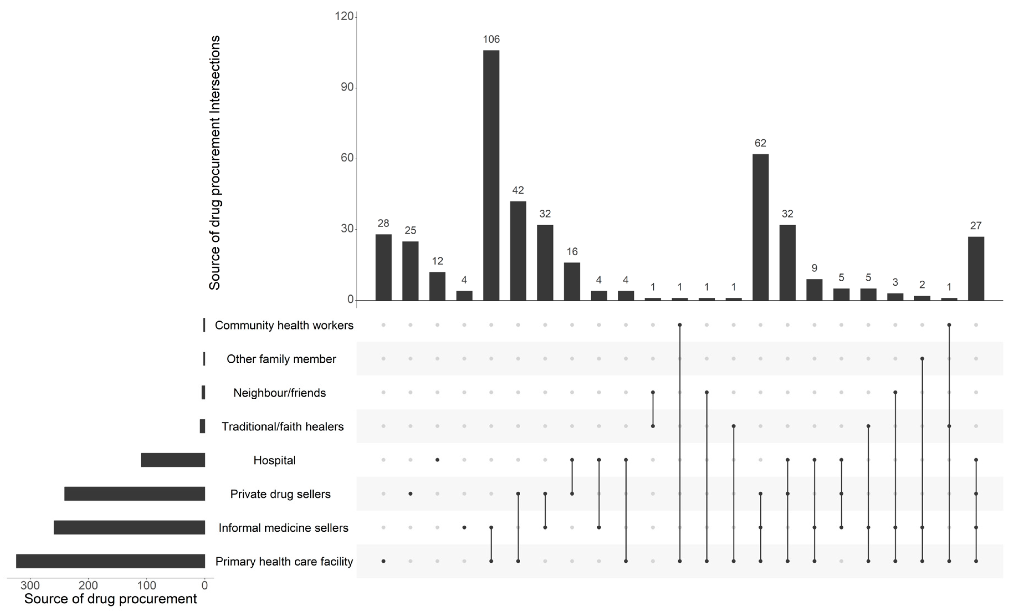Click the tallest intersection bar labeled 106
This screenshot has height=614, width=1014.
pos(491,175)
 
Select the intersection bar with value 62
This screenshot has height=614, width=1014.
pos(760,227)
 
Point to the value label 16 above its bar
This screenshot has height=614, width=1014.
pos(572,251)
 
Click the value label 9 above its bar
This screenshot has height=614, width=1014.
pos(814,268)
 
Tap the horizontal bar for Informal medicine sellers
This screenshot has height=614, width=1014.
pos(129,527)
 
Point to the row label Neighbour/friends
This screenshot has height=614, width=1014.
pos(279,393)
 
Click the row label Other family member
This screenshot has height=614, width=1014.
pos(281,359)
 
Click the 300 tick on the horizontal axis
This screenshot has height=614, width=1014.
pos(30,585)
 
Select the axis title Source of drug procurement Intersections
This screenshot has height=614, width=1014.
pos(214,163)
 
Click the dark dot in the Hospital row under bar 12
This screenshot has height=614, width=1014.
pos(437,460)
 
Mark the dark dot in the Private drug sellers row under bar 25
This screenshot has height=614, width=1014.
pos(410,494)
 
